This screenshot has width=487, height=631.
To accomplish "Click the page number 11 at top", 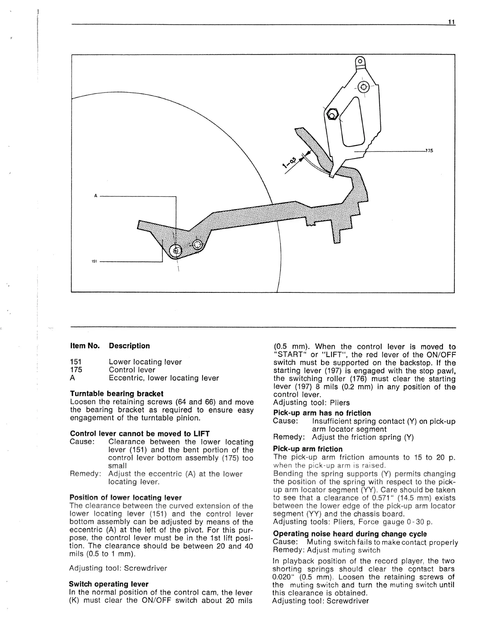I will tap(451, 22).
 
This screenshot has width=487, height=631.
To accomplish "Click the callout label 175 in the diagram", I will tap(429, 151).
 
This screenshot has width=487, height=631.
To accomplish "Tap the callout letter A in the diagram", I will tap(95, 196).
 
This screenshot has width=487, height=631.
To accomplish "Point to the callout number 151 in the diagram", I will tap(94, 262).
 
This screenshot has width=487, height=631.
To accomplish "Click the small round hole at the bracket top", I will tap(360, 61).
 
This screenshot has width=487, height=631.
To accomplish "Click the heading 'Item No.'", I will tap(84, 346).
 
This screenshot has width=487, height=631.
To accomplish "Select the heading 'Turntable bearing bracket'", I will tap(117, 394).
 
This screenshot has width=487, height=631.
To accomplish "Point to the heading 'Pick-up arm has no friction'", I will tap(322, 413).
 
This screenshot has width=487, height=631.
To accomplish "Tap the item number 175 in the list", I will tap(76, 370).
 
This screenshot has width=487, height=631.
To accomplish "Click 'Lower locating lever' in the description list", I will tap(145, 362).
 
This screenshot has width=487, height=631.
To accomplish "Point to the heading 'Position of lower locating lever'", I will tap(125, 498).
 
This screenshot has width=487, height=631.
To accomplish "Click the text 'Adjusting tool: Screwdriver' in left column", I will tap(118, 568).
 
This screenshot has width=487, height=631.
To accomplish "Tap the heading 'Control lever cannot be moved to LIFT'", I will tap(140, 433).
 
